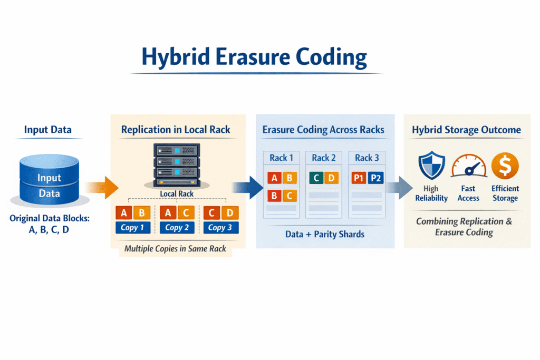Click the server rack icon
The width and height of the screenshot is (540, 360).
(177, 164)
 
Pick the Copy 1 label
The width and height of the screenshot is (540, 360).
(133, 228)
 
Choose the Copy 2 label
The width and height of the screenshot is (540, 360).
(177, 228)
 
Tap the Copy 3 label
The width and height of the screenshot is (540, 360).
(221, 228)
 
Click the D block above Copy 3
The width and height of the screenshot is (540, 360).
(230, 213)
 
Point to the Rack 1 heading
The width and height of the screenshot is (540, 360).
(278, 158)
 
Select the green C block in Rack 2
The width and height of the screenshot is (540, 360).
(315, 178)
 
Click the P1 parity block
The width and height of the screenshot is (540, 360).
(359, 178)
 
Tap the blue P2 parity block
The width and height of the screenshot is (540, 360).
(376, 178)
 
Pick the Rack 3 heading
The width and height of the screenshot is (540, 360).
(367, 158)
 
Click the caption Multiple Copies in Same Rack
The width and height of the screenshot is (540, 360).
(175, 248)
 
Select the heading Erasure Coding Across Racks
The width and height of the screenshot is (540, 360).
(323, 130)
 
